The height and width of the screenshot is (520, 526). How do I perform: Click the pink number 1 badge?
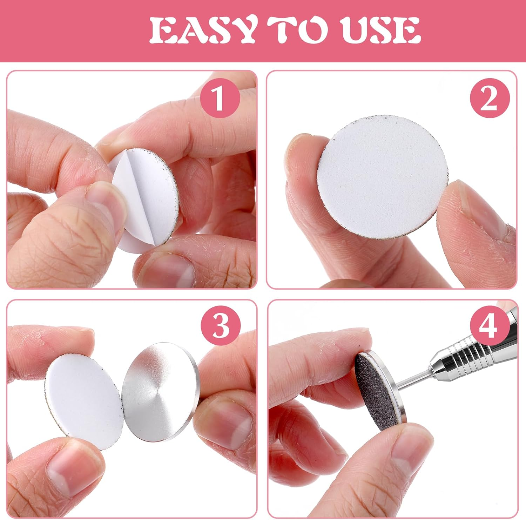[220, 99]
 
